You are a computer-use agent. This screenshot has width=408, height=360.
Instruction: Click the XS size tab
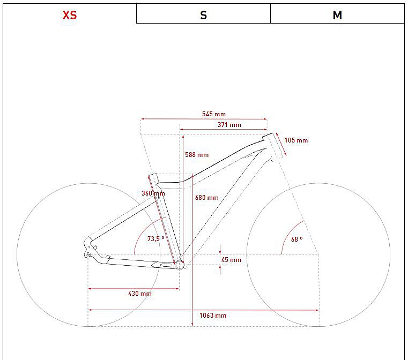pyautogui.click(x=70, y=15)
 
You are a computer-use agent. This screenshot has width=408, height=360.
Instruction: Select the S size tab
pyautogui.click(x=204, y=15)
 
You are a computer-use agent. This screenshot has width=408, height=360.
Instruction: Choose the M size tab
pyautogui.click(x=337, y=15)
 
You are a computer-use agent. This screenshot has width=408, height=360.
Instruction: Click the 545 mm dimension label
pyautogui.click(x=214, y=114)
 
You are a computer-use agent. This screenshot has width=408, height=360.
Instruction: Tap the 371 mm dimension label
pyautogui.click(x=229, y=125)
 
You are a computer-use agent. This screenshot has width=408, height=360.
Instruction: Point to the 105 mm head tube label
pyautogui.click(x=296, y=140)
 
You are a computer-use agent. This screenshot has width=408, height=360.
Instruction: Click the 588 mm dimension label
pyautogui.click(x=197, y=155)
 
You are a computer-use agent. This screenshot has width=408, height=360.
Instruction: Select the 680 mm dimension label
pyautogui.click(x=207, y=198)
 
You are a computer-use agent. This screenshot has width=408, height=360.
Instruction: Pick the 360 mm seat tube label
pyautogui.click(x=153, y=193)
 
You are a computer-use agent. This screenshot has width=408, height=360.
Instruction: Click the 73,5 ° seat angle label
pyautogui.click(x=156, y=238)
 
